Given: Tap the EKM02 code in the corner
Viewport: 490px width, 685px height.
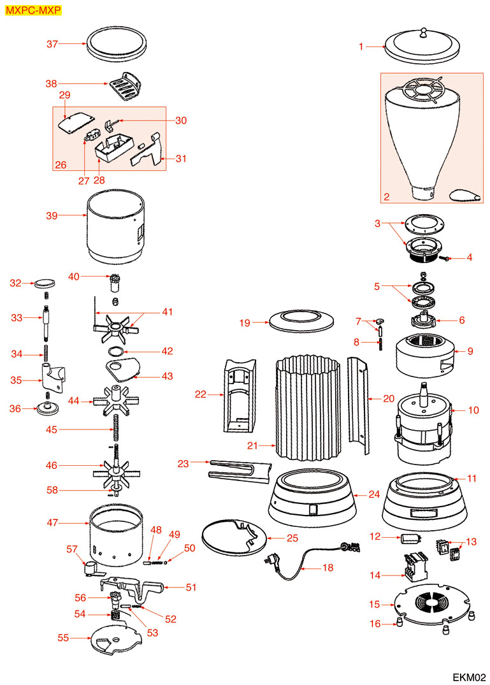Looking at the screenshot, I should (x=470, y=676).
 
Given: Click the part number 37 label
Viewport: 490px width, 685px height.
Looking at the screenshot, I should (x=52, y=44).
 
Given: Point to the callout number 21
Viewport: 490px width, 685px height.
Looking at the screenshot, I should (x=252, y=445).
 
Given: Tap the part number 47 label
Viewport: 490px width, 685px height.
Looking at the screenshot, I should (x=52, y=523).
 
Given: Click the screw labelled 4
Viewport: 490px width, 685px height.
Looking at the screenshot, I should (x=446, y=258).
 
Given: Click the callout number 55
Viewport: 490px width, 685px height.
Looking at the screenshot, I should (x=64, y=637).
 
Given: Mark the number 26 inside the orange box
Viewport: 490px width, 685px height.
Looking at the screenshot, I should (x=61, y=165).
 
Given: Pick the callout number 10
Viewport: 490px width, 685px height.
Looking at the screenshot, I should (x=473, y=410).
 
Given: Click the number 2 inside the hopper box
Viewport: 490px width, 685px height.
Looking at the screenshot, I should (x=386, y=197).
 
